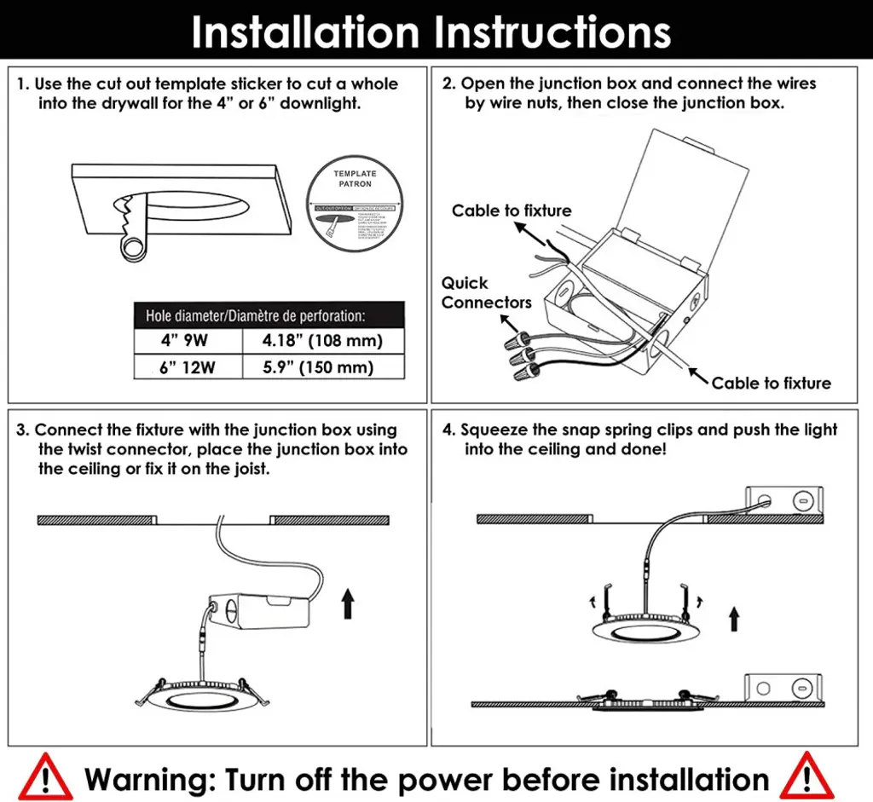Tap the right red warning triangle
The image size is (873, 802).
[806, 776]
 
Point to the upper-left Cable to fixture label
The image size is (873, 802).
[512, 211]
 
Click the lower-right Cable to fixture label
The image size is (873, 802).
[771, 383]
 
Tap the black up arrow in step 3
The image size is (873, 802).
[347, 606]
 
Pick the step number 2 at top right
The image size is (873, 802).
[448, 84]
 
